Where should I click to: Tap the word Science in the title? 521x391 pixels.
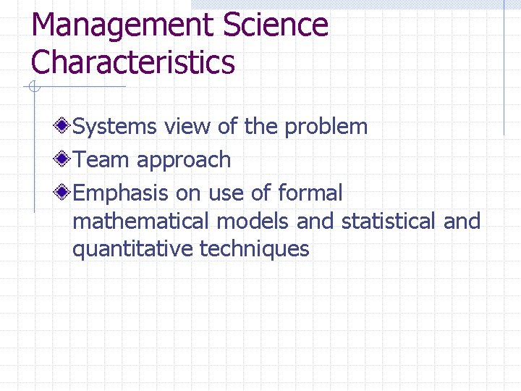tap(276, 25)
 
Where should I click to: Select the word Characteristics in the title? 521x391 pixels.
tap(133, 62)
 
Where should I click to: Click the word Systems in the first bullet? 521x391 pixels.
tap(115, 127)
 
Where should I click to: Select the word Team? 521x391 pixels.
tap(101, 160)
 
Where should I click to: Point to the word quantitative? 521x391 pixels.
tap(132, 250)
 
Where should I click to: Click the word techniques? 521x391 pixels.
tap(254, 249)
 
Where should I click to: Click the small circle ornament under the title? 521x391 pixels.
tap(33, 88)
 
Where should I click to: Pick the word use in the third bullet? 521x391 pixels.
tap(226, 194)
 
